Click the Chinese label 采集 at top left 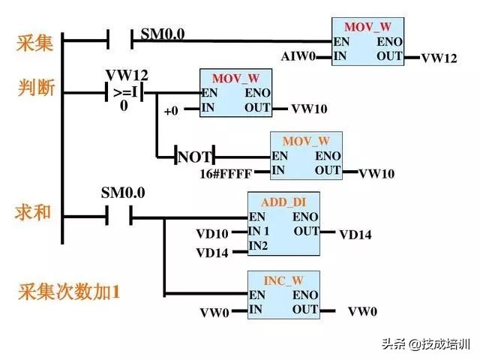pos(34,43)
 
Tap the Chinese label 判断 pos(34,88)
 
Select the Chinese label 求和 pos(34,212)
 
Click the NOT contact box pos(195,157)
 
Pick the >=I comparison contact pos(124,93)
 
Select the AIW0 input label pos(299,56)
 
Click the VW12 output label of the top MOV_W pos(439,58)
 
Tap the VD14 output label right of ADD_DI pos(355,235)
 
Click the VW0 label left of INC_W pos(214,312)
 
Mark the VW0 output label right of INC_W pos(362,311)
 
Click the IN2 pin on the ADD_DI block pos(258,246)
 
